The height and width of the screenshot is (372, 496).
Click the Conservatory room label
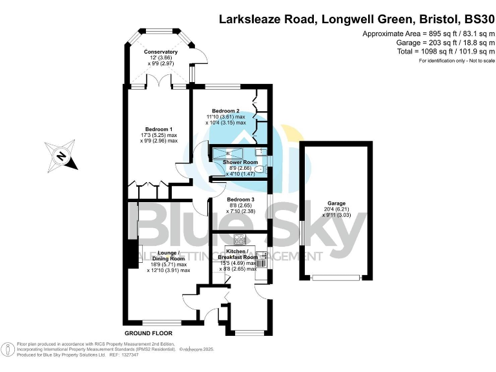tap(161, 52)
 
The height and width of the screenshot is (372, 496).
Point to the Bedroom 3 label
tap(240, 200)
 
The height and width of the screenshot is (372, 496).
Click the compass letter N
tap(60, 156)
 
